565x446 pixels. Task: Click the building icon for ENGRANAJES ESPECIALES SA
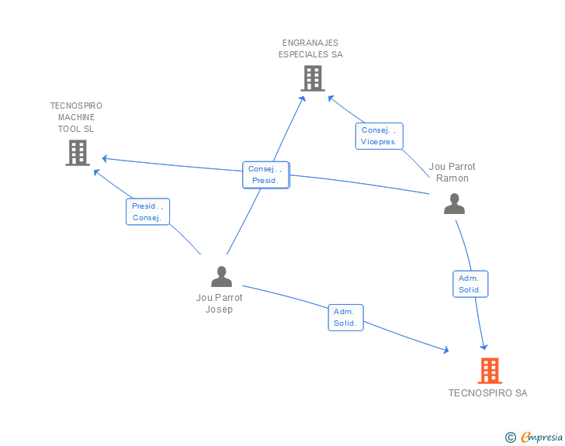[313, 78]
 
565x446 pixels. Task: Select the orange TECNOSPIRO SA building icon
[490, 371]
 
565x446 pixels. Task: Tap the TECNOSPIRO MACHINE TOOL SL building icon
[78, 153]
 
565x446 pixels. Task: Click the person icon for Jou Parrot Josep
[222, 276]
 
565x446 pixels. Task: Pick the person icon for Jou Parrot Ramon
[454, 203]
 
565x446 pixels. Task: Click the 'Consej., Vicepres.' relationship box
[379, 136]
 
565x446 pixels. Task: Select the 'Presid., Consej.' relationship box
[147, 212]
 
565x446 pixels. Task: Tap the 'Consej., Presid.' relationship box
[266, 175]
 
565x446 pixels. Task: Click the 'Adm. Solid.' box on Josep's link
[345, 317]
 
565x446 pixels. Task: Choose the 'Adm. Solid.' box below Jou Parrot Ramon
[470, 284]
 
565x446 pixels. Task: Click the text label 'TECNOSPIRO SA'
[487, 393]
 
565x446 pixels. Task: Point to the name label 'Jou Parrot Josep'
[219, 303]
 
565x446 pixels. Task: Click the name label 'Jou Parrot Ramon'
[452, 172]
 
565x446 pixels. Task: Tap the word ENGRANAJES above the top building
[310, 43]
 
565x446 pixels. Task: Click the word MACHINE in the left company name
[76, 117]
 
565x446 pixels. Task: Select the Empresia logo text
[542, 437]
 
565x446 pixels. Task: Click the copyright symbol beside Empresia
[511, 437]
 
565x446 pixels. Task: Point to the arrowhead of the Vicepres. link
[331, 98]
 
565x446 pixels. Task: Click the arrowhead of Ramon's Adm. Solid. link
[484, 347]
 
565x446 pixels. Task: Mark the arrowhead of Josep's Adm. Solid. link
[446, 350]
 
